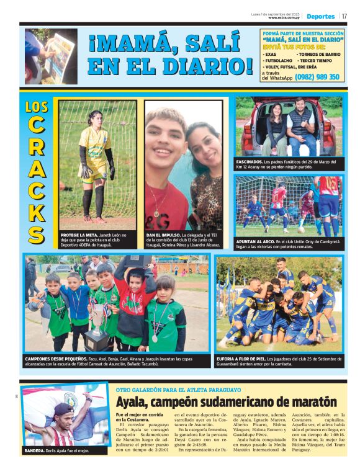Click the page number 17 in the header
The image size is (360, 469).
coord(344,16)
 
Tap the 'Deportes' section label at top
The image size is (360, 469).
coord(320,16)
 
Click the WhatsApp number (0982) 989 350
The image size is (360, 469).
coord(317,77)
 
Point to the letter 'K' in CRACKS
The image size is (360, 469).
coord(37,211)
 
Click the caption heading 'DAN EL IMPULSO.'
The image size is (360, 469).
coord(162,236)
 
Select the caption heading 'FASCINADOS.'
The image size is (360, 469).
coord(250,161)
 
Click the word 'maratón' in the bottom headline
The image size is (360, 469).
coord(310,401)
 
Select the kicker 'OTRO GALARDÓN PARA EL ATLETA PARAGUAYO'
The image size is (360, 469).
coord(178,389)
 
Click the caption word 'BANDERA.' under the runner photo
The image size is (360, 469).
coord(35,450)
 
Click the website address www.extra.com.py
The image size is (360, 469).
coord(285,17)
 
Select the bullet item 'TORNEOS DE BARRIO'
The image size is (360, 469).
coord(321,55)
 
